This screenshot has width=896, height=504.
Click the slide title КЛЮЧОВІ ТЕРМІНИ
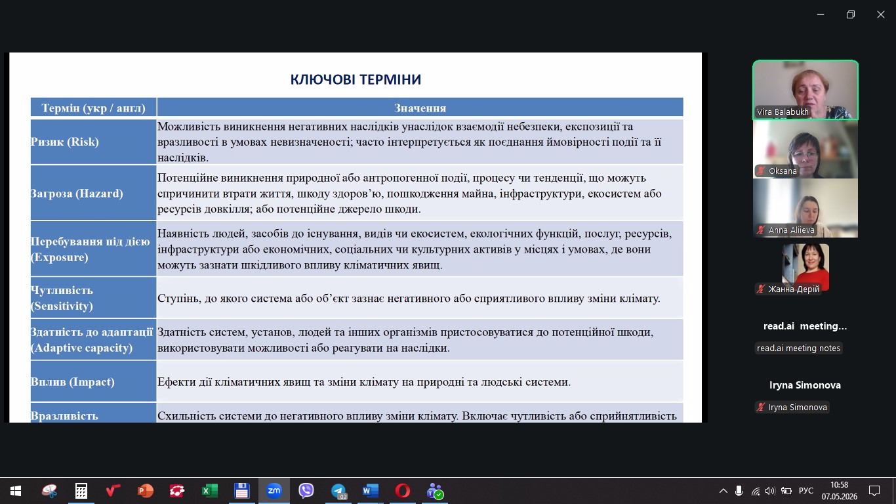[356, 79]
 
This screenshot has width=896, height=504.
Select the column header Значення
[420, 108]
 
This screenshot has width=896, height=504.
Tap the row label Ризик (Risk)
[64, 142]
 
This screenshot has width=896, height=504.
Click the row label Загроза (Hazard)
[77, 194]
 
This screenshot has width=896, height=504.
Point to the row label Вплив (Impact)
[72, 382]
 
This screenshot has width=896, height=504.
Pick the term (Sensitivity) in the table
[62, 306]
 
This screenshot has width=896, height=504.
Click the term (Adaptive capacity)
[81, 347]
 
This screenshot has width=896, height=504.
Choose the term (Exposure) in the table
[59, 257]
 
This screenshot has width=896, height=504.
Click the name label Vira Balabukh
[783, 112]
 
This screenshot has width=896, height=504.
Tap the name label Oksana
[783, 171]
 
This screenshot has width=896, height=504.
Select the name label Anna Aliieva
[791, 230]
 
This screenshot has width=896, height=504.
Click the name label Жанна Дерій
[794, 289]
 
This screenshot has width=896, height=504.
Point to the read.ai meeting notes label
[798, 348]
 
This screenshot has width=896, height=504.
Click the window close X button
[881, 14]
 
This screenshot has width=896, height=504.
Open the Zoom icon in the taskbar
[274, 490]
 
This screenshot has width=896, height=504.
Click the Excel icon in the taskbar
[210, 491]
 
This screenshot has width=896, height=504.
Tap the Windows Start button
[16, 491]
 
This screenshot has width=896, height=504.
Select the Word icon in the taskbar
[371, 491]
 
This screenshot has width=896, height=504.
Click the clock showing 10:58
[839, 485]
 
